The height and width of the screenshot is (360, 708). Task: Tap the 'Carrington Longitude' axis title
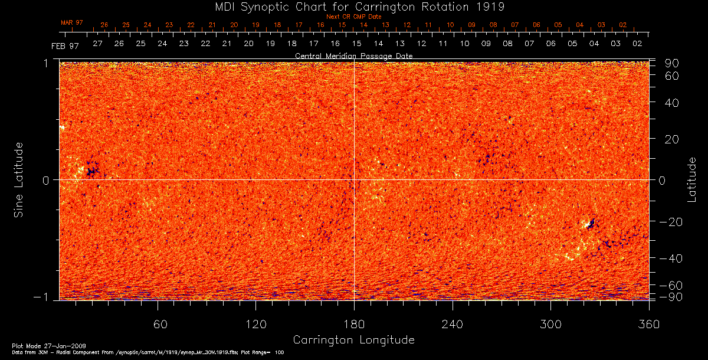353,340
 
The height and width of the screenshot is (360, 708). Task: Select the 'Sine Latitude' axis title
19,179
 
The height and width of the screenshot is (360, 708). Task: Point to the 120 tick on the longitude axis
256,324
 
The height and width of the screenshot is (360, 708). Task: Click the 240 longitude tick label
453,324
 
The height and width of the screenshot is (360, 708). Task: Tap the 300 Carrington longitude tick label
550,324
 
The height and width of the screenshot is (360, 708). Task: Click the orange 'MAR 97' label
72,22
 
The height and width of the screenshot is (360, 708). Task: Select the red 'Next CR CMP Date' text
354,17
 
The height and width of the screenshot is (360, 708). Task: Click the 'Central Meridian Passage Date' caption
354,55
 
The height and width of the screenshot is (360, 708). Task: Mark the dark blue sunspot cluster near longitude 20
91,171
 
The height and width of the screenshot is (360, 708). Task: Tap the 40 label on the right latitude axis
672,103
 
